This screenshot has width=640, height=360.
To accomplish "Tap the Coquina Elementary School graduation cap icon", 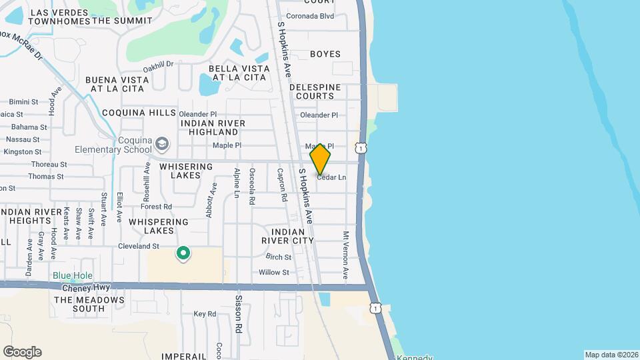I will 162,144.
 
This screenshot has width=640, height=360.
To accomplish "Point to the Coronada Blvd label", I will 309,16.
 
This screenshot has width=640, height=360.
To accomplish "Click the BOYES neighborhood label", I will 325,54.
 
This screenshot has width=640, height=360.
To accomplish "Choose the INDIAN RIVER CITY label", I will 287,235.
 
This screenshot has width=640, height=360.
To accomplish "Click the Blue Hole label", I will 73,275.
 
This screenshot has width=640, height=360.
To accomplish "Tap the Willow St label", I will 273,272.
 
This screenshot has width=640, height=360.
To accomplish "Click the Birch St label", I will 279,257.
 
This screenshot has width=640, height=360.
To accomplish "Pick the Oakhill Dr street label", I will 158,65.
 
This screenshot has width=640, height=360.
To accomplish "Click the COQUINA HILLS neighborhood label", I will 139,113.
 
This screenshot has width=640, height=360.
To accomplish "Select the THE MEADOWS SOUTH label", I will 89,305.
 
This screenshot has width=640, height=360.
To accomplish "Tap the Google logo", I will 22,352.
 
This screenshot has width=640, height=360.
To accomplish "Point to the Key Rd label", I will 205,314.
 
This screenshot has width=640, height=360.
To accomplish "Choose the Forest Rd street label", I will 156,207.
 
